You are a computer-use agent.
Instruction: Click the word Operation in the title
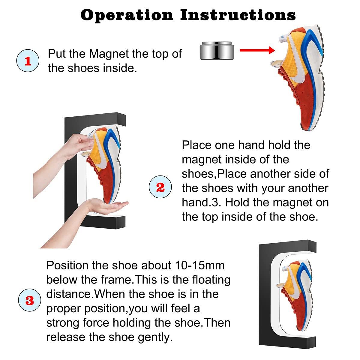[x=127, y=15]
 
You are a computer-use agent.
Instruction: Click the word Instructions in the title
[x=238, y=15]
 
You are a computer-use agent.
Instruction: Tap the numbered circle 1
[x=28, y=61]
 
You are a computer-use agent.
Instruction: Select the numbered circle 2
[x=160, y=187]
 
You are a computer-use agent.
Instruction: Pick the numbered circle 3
[x=30, y=300]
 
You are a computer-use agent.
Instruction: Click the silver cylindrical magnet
[x=217, y=50]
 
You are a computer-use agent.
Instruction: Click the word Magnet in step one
[x=109, y=54]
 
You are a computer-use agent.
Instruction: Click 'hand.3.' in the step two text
[x=201, y=202]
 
